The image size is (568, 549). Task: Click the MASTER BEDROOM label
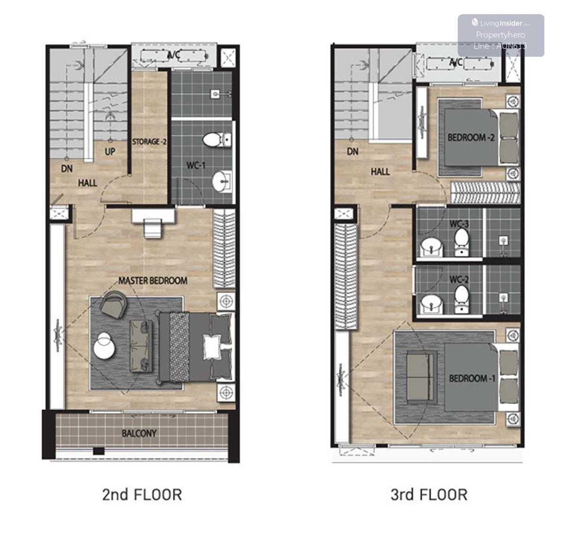153,281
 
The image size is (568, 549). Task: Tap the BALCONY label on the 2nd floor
139,433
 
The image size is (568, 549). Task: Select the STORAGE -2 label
149,142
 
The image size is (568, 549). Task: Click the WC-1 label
196,166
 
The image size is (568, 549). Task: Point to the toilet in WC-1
217,140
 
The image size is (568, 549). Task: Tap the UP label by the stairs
110,152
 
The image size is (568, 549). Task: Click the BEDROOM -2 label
471,137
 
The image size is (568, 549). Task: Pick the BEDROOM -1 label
472,378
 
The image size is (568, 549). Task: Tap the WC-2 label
459,279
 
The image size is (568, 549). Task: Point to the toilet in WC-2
461,299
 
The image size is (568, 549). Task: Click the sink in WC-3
431,247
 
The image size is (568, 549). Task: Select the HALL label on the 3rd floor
380,172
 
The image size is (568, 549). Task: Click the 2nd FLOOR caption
142,495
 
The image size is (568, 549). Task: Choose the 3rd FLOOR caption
429,495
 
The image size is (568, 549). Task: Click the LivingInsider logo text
501,23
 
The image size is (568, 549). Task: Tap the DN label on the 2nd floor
67,168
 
